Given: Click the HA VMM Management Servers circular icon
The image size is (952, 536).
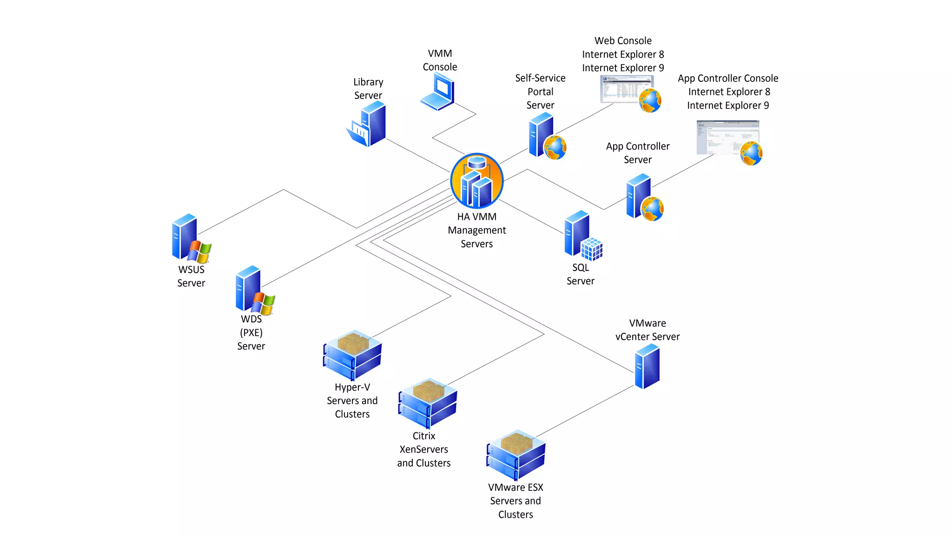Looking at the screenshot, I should click(x=476, y=181).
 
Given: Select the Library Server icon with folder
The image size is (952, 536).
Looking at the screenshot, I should click(x=368, y=125).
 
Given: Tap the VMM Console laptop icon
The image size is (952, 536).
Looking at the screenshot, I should click(x=438, y=93).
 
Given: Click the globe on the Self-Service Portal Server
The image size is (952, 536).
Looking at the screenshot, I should click(x=555, y=147).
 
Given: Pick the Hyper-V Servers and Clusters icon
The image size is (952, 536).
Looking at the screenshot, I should click(x=352, y=355).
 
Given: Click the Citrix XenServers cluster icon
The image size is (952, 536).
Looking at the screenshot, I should click(x=428, y=403).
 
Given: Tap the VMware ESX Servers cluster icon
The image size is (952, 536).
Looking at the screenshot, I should click(x=516, y=455).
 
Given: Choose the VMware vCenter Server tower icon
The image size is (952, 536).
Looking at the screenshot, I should click(x=647, y=366).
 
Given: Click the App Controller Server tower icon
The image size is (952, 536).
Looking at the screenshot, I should click(x=639, y=196).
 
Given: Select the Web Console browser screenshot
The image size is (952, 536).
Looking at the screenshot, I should click(x=626, y=89).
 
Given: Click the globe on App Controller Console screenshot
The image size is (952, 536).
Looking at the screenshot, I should click(x=751, y=154).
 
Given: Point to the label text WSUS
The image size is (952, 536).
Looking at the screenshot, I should click(x=191, y=270).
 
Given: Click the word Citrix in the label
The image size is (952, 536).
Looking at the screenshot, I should click(x=424, y=436).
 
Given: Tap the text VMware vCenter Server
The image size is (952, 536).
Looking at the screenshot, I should click(x=647, y=330).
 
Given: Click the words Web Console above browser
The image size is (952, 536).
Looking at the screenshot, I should click(x=623, y=41).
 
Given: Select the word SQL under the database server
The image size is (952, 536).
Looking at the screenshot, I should click(x=581, y=268).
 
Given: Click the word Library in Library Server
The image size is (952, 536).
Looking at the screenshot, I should click(x=368, y=82).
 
